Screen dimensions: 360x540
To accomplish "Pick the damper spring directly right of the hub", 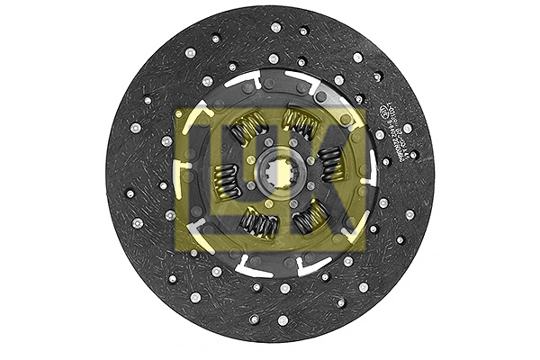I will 329,165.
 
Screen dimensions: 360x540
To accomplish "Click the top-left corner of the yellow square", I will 175,108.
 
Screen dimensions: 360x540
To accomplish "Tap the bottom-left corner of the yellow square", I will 175,253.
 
